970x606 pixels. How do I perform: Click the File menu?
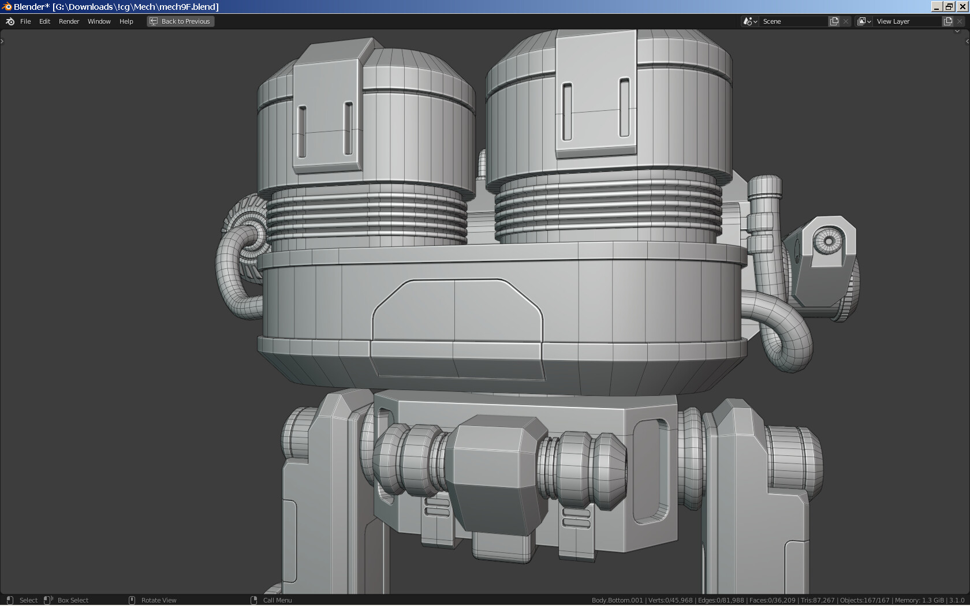click(x=25, y=21)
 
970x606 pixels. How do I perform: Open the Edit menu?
click(x=44, y=21)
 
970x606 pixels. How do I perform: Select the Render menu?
click(x=69, y=21)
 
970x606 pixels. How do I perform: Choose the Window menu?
click(x=99, y=21)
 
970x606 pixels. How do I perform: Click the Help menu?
click(x=126, y=21)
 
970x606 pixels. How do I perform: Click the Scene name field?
click(x=794, y=21)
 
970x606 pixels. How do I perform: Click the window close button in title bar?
click(x=962, y=6)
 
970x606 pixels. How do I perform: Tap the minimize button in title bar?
click(x=937, y=6)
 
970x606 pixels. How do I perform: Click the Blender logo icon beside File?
click(x=10, y=21)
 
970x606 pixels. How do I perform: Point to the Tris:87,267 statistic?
click(x=818, y=600)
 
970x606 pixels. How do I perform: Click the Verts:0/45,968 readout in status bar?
click(x=670, y=600)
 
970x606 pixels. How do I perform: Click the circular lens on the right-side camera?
click(x=829, y=241)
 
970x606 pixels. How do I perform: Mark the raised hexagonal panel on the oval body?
click(x=456, y=312)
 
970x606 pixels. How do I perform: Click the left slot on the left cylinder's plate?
click(x=302, y=131)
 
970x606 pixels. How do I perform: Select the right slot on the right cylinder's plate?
click(x=624, y=108)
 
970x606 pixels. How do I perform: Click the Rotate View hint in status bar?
click(x=159, y=600)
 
